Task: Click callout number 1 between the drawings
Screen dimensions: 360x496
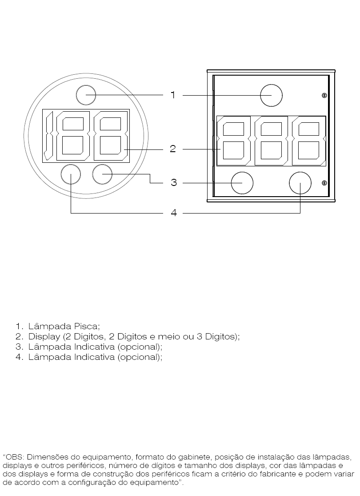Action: pos(173,95)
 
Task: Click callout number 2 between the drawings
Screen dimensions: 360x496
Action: pos(172,149)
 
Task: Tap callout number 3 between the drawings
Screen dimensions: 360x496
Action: pos(173,182)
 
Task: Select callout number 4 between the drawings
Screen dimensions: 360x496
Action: pos(174,213)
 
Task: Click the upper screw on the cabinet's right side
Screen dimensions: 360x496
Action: pos(324,95)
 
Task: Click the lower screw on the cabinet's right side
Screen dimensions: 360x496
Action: pos(324,183)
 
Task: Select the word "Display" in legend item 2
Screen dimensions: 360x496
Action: pos(44,336)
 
